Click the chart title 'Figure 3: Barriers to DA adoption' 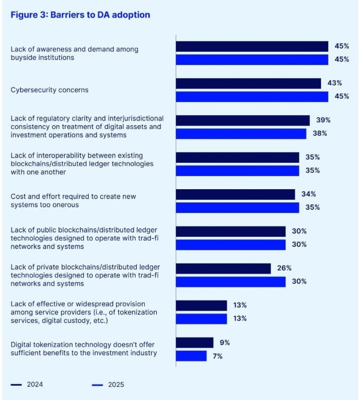coord(80,15)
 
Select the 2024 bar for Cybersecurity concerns coord(248,83)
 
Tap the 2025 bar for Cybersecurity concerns coord(252,96)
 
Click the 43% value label coord(335,83)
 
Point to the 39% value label coord(324,120)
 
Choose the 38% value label coord(320,133)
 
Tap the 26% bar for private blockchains coord(223,268)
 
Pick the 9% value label coord(225,342)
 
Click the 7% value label coord(218,356)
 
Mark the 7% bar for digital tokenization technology coord(191,356)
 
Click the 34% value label coord(309,194)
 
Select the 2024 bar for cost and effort coord(235,194)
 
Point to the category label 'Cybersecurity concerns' coord(50,90)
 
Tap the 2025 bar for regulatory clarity coord(241,134)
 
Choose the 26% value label coord(285,268)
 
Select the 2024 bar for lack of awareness coord(252,46)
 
